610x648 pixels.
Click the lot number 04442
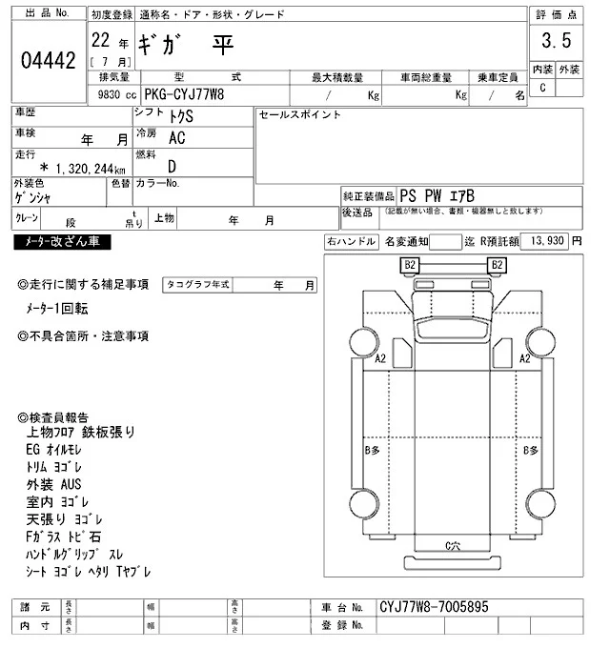48,60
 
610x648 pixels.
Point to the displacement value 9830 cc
112,95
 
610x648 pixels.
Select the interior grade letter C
542,88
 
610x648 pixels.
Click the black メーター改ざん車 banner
62,242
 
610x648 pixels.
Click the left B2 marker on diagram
411,264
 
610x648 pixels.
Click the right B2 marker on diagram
496,264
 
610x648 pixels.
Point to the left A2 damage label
380,358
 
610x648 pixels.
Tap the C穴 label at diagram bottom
454,544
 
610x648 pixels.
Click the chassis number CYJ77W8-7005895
435,606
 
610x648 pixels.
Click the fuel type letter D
171,167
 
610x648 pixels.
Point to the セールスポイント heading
300,114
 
